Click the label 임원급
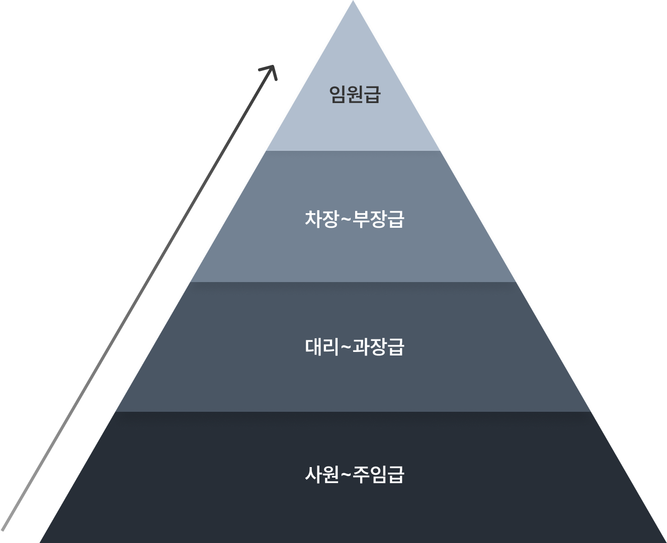(x=355, y=94)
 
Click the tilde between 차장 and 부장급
(x=346, y=220)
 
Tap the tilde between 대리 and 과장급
(x=346, y=347)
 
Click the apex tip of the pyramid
(x=354, y=3)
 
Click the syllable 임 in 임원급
(x=338, y=94)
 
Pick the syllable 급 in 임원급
(x=372, y=94)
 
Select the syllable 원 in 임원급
(x=355, y=94)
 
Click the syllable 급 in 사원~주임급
(x=396, y=475)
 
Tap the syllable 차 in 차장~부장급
(x=313, y=219)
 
